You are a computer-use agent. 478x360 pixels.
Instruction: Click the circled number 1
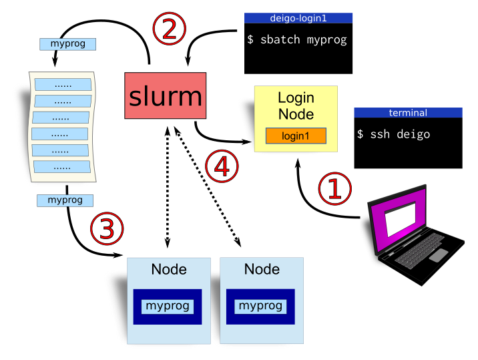334,189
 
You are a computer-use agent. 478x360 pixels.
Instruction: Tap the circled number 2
169,29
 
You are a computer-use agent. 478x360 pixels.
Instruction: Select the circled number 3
107,229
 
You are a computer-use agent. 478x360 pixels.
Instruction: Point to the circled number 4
222,166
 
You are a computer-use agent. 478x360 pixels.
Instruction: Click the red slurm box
165,96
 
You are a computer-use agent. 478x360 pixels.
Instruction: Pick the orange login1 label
296,136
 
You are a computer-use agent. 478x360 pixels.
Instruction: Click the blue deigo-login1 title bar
298,18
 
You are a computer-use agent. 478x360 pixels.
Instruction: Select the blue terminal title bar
408,113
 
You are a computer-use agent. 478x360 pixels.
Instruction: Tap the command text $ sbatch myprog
297,40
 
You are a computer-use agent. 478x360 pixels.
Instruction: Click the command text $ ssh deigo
393,134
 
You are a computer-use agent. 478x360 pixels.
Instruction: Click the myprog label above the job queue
67,44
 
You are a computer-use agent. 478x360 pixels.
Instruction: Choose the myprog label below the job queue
65,200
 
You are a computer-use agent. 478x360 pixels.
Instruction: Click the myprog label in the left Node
168,307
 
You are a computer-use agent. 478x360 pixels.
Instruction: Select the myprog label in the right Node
260,307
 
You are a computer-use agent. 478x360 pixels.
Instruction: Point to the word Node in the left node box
169,270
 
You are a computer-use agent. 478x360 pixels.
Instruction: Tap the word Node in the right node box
262,270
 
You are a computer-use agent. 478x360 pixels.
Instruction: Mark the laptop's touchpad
439,255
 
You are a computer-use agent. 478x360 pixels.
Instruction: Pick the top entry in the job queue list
63,85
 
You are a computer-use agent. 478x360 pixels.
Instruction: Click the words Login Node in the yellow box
296,106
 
